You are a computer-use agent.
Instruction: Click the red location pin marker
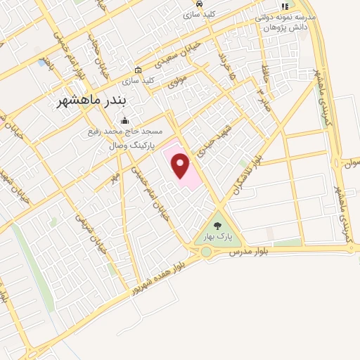tap(181, 166)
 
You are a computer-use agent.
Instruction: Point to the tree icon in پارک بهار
tap(217, 226)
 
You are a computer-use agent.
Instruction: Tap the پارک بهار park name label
tap(217, 238)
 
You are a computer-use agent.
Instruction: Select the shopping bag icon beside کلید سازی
tap(138, 70)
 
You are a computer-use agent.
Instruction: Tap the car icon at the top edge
tap(200, 4)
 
